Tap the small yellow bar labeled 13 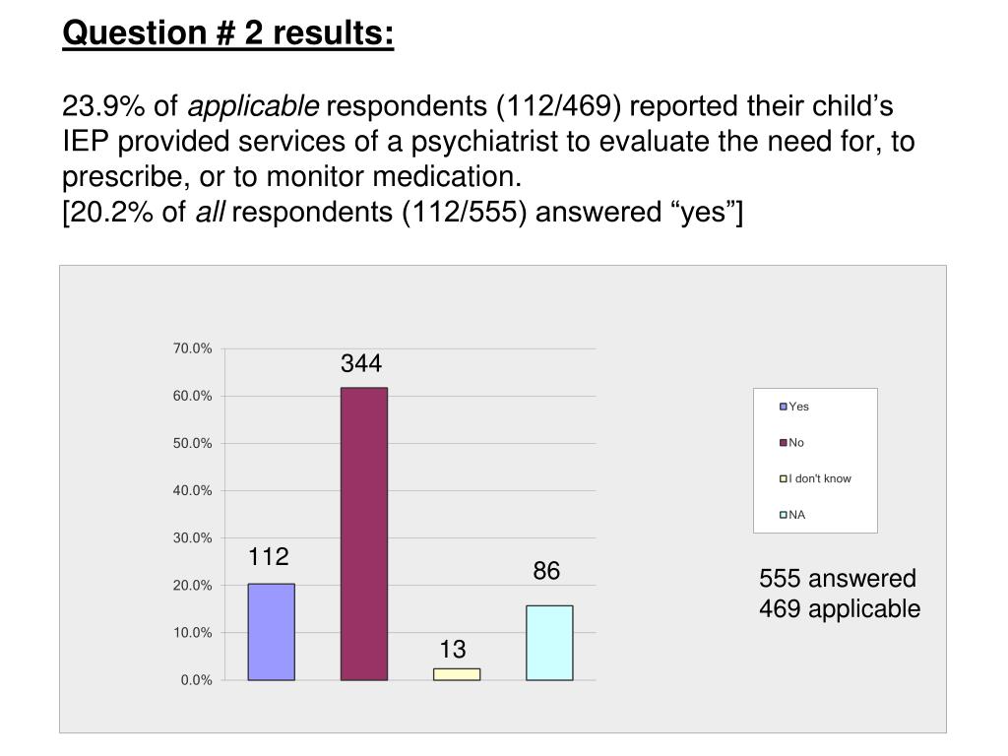click(x=457, y=674)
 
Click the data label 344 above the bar click(x=361, y=364)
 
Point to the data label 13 click(x=453, y=650)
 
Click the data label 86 click(x=546, y=571)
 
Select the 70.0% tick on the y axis click(x=192, y=348)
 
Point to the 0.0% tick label click(x=196, y=680)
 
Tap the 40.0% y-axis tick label click(x=192, y=490)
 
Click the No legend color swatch click(x=784, y=443)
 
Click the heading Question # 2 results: click(x=228, y=32)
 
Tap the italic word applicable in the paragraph click(x=253, y=105)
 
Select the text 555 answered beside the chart click(x=837, y=578)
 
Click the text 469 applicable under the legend click(x=840, y=608)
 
